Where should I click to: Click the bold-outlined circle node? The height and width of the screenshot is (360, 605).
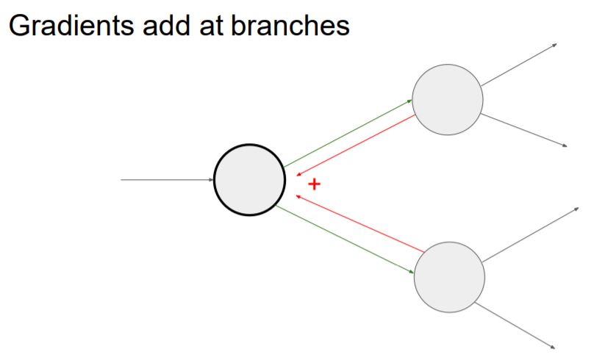(249, 179)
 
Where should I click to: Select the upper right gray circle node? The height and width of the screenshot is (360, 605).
(447, 100)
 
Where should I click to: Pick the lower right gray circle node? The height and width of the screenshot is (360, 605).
(449, 277)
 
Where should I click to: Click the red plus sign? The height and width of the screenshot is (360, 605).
(314, 184)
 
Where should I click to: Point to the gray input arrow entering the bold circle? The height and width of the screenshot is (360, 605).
(166, 179)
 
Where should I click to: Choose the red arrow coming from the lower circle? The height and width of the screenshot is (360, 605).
(356, 223)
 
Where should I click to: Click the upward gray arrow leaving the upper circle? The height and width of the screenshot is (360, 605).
(519, 64)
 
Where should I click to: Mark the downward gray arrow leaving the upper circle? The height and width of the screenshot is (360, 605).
(524, 130)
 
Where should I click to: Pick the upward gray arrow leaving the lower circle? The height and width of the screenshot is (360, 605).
(531, 234)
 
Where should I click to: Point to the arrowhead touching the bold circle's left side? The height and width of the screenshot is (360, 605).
(210, 179)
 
